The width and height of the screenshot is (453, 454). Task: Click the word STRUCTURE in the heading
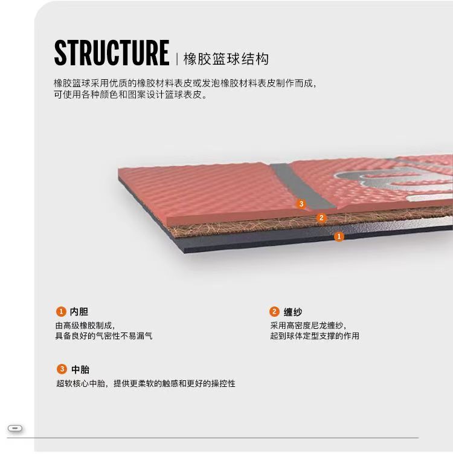(111, 53)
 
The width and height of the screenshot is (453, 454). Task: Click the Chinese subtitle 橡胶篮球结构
(225, 59)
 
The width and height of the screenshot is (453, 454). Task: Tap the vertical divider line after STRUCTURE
(176, 59)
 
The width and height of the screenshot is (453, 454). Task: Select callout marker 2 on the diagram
(321, 218)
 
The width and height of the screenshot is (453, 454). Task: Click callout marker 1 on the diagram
(339, 237)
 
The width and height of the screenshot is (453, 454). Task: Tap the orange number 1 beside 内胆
(60, 312)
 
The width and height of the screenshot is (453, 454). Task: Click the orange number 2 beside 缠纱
(274, 312)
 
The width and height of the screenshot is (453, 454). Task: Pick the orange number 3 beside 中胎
(61, 369)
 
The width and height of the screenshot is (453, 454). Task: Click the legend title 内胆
(79, 312)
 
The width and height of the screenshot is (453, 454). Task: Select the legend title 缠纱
(293, 313)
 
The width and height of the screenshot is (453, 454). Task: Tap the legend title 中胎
(80, 369)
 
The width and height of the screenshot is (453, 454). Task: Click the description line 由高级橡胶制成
(85, 325)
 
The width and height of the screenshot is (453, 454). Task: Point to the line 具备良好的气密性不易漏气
(104, 336)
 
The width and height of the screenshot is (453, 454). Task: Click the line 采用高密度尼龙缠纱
(309, 325)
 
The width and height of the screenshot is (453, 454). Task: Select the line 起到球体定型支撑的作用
(315, 336)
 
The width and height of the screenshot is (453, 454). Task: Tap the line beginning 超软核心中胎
(146, 383)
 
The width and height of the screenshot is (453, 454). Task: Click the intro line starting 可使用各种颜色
(130, 95)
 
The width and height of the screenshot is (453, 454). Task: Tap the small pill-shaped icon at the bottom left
(16, 429)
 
